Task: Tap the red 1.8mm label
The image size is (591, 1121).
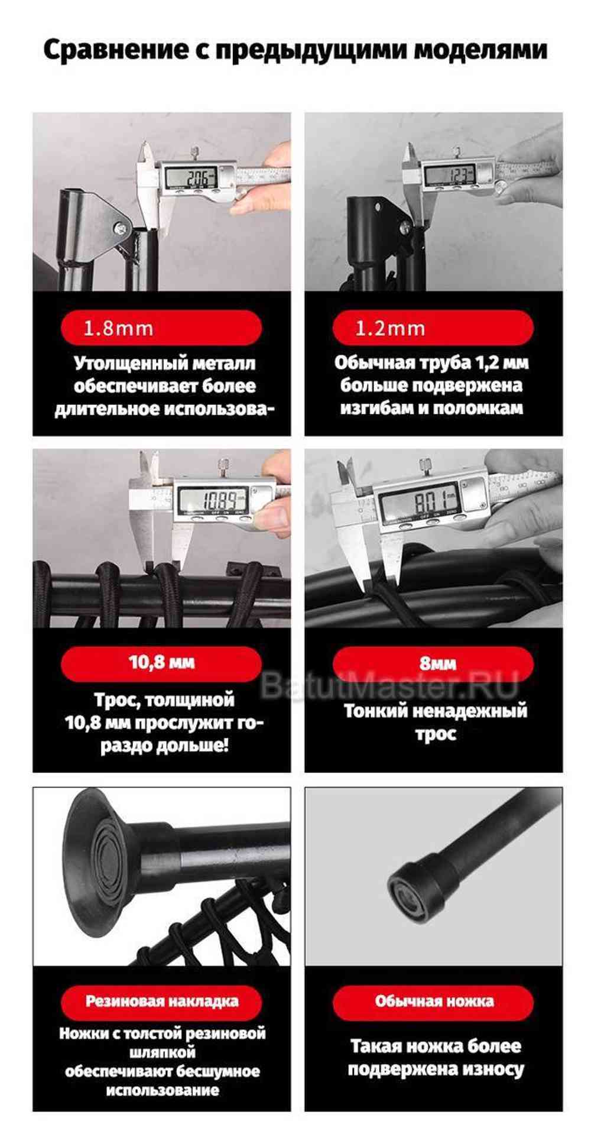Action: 161,328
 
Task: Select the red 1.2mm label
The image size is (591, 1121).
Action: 433,328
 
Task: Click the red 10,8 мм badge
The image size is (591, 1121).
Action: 161,662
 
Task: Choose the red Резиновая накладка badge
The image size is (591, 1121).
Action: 161,1001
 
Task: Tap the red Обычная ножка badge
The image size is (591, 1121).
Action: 433,1001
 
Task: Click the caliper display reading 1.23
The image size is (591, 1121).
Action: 457,174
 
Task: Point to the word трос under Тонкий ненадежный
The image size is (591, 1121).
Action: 436,734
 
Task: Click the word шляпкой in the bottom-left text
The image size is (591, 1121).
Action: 162,1052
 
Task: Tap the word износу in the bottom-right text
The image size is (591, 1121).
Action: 493,1068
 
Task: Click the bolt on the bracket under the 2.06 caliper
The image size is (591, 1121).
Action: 121,227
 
